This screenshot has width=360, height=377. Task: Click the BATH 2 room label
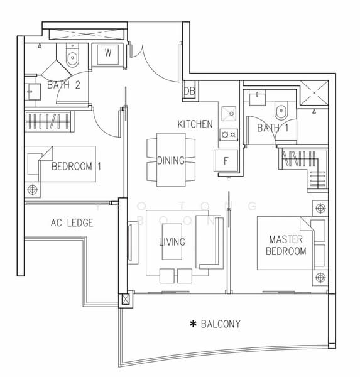tap(63, 85)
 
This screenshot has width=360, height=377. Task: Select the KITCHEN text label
tap(195, 124)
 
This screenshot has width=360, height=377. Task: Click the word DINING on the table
tap(170, 161)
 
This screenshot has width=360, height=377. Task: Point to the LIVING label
tap(172, 242)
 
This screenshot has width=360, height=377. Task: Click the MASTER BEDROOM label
tap(286, 246)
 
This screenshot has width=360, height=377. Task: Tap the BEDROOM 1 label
tap(77, 167)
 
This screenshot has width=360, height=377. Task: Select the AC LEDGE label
tap(72, 222)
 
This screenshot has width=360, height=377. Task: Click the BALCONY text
tap(221, 324)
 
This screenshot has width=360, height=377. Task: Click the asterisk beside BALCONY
tap(194, 324)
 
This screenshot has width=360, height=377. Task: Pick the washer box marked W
tap(108, 53)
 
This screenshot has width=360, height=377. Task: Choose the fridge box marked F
tap(226, 160)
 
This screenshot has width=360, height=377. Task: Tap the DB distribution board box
tap(189, 92)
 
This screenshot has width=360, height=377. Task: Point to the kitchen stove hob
tap(227, 134)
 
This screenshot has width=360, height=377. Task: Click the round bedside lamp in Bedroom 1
tap(32, 189)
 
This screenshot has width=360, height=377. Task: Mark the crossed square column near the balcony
tap(125, 300)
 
